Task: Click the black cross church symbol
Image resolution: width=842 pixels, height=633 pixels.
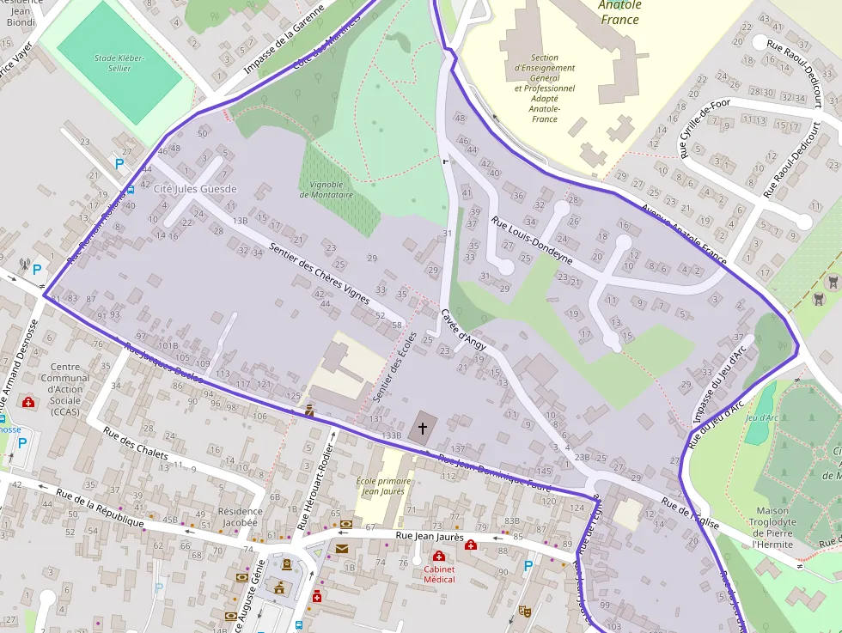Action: point(423,427)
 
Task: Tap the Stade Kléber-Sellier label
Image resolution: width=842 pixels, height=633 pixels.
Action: point(119,63)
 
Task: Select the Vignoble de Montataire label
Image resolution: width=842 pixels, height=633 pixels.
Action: point(321,190)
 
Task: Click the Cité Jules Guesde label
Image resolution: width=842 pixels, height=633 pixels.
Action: point(195,188)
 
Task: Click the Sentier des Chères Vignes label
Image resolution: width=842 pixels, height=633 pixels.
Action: point(319,273)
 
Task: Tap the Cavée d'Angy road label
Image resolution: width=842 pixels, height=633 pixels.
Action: point(463,329)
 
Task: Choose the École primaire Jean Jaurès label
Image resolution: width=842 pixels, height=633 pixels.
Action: point(383,486)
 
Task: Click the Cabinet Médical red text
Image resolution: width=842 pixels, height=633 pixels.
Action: point(439,574)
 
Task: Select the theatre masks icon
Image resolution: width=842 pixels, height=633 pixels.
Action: point(525,611)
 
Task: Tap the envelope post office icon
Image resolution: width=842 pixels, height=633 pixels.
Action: point(342,549)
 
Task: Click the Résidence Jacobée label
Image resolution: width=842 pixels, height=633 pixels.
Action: point(240,516)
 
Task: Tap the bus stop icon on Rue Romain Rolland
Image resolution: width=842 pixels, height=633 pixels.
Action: point(130,190)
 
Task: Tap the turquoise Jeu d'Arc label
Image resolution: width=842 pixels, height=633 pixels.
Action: point(761,418)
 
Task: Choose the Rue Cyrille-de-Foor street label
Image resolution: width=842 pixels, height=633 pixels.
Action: point(704,128)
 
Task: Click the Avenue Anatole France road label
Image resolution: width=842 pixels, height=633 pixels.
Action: point(683,233)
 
